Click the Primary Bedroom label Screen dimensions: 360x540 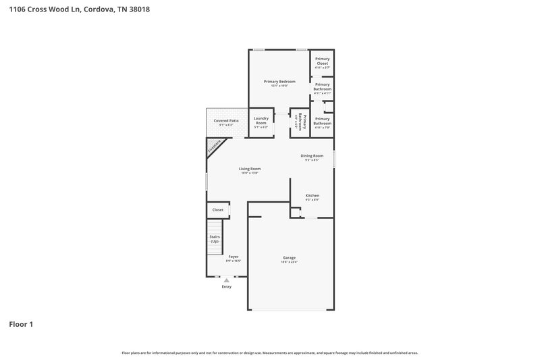point(279,81)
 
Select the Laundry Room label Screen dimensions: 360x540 point(261,120)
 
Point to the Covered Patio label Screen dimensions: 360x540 point(226,120)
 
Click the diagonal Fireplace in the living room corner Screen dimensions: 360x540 point(215,146)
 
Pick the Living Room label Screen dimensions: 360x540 point(250,169)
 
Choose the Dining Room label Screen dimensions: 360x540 point(311,155)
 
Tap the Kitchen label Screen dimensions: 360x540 point(312,195)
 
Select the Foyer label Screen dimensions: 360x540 point(233,257)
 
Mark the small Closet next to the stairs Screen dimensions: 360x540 point(217,210)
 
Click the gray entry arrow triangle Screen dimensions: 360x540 point(227,280)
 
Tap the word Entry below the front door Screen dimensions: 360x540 point(227,287)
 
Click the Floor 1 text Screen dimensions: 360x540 point(21,324)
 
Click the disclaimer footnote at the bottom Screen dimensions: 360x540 point(270,353)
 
